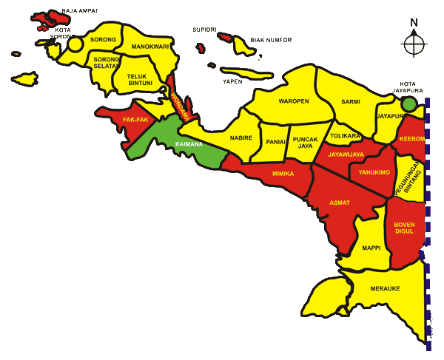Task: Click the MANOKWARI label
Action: pyautogui.click(x=150, y=47)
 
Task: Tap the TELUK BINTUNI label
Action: pyautogui.click(x=139, y=79)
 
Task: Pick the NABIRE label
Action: pyautogui.click(x=241, y=138)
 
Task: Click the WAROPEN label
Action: pyautogui.click(x=293, y=101)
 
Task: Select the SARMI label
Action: pyautogui.click(x=350, y=102)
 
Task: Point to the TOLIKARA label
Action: pyautogui.click(x=345, y=136)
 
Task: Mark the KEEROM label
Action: pyautogui.click(x=411, y=139)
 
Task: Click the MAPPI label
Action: pyautogui.click(x=371, y=248)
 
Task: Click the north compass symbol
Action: pyautogui.click(x=414, y=43)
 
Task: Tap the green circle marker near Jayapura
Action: pyautogui.click(x=409, y=104)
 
